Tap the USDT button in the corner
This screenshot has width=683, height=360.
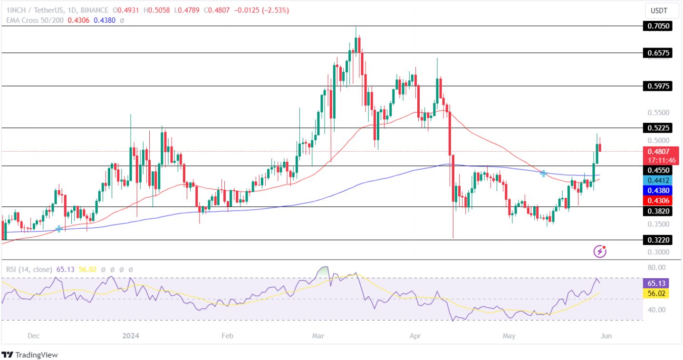658,10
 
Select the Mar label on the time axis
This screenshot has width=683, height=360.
318,336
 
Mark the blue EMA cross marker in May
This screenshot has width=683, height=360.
543,174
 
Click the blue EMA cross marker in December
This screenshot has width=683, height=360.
58,229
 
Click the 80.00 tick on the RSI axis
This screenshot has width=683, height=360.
655,267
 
